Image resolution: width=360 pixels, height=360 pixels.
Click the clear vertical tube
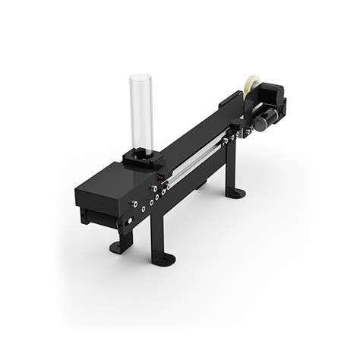tap(142, 110)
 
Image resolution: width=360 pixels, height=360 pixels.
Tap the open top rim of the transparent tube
tap(142, 77)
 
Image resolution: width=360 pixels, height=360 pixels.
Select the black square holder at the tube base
tap(141, 156)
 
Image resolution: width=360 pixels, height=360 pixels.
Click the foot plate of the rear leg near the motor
tap(237, 194)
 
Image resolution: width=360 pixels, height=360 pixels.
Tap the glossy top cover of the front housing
tap(114, 179)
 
